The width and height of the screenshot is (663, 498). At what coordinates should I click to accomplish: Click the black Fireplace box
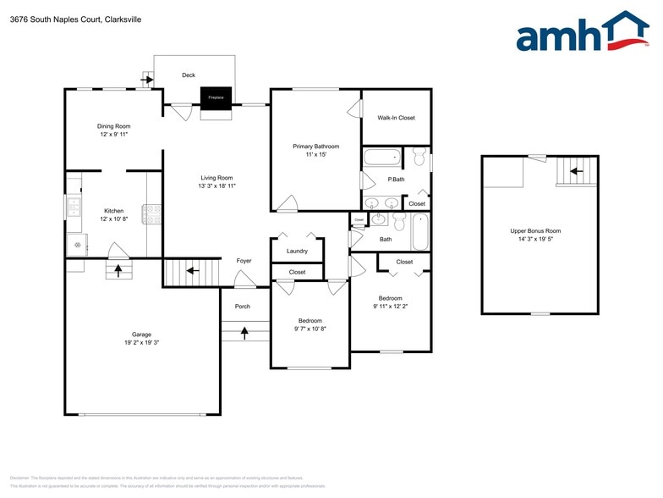216,97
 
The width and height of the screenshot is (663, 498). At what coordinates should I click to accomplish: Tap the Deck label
189,75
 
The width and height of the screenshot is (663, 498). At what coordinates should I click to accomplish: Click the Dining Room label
113,126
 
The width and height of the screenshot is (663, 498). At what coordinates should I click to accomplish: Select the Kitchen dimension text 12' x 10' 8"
114,219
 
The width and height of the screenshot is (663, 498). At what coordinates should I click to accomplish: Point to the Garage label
141,335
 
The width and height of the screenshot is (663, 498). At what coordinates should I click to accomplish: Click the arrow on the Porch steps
244,333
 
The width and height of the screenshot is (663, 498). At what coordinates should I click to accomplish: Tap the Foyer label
244,261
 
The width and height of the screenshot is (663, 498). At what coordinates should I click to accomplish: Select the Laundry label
297,251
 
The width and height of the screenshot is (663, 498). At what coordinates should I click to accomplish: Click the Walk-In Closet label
396,118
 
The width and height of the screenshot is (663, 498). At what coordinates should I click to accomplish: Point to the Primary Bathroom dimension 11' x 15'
310,155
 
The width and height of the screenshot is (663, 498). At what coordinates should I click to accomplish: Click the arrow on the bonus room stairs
576,172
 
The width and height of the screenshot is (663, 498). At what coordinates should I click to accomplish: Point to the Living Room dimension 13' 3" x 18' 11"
216,186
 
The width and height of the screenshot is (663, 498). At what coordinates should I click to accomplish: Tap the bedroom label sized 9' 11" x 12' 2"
390,298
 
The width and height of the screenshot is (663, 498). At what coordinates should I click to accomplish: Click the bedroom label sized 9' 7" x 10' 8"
310,321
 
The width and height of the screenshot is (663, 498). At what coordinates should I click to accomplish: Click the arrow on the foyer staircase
192,271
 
